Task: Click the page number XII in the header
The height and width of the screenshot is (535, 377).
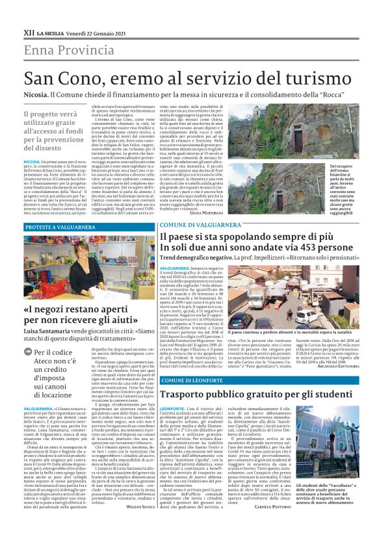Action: click(28, 32)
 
